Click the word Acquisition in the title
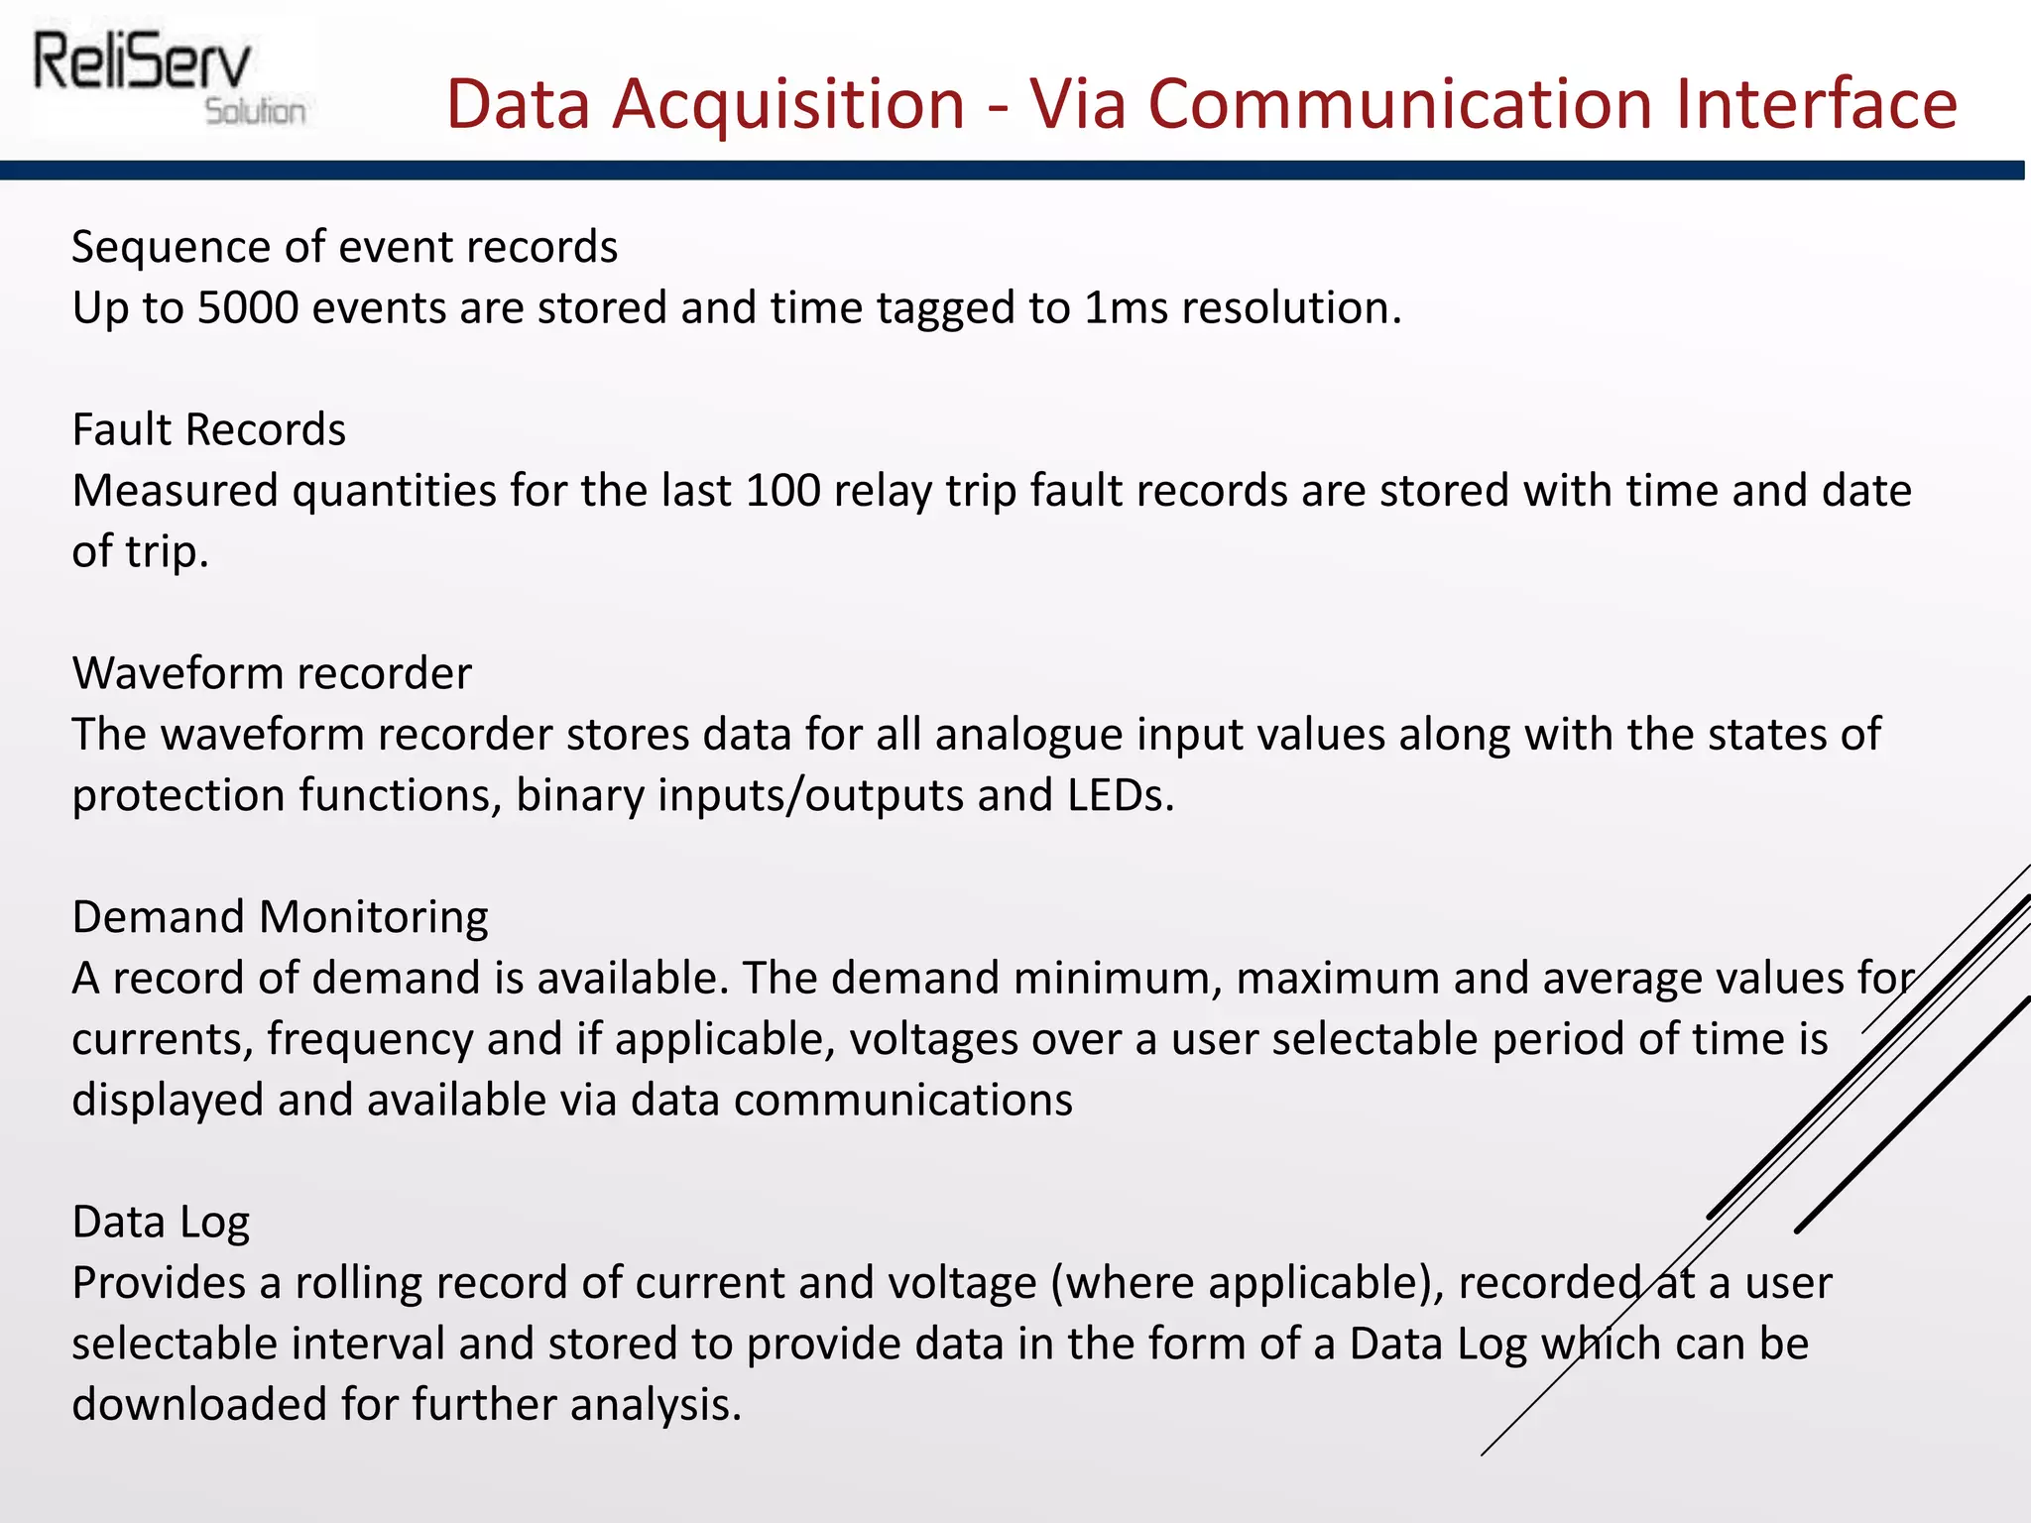(788, 104)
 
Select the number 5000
(248, 308)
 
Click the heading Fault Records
(209, 430)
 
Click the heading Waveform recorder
(272, 674)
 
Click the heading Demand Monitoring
(281, 917)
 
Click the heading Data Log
(161, 1222)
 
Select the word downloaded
(199, 1405)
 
